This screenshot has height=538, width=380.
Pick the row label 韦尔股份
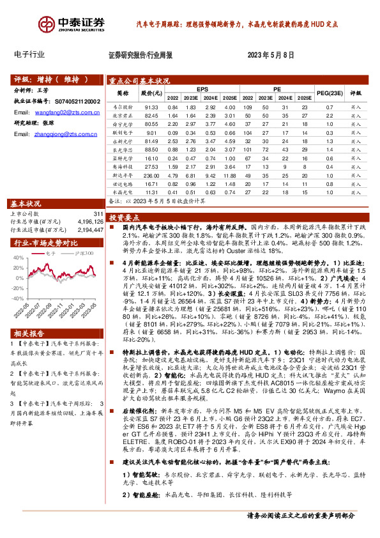click(122, 107)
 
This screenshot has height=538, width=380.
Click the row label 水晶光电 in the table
click(122, 191)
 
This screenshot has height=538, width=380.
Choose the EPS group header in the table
click(202, 89)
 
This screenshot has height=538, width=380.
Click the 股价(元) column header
click(151, 93)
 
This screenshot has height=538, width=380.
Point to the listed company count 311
click(98, 213)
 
